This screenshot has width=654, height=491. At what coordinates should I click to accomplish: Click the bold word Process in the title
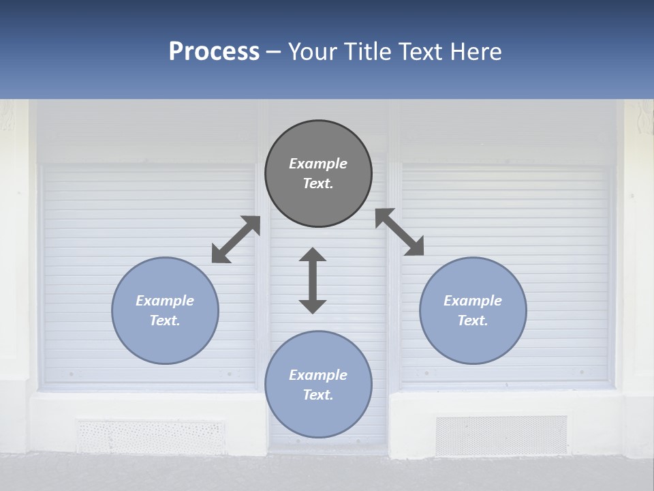(x=214, y=52)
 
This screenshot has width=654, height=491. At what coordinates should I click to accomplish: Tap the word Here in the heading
(x=475, y=52)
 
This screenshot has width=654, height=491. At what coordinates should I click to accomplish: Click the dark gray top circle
(x=318, y=173)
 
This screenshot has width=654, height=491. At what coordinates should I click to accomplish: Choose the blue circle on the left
(x=165, y=310)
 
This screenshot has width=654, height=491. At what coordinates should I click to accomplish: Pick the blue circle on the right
(x=473, y=310)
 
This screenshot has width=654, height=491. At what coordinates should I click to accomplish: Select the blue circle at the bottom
(x=318, y=385)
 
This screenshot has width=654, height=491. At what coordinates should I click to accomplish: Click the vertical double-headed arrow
(x=313, y=280)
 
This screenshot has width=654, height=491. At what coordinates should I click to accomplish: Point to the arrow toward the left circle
(x=236, y=239)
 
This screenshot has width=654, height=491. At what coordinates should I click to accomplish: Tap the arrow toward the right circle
(x=400, y=232)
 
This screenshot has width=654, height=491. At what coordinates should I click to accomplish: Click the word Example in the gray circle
(x=318, y=164)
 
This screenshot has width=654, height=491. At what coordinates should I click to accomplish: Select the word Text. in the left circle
(x=165, y=321)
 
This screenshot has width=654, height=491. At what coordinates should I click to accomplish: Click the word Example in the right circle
(x=473, y=301)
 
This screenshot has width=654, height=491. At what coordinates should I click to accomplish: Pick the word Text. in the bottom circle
(x=318, y=395)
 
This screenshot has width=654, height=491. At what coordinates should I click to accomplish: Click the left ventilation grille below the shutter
(x=150, y=436)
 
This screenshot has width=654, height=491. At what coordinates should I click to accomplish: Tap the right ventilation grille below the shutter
(x=501, y=435)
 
